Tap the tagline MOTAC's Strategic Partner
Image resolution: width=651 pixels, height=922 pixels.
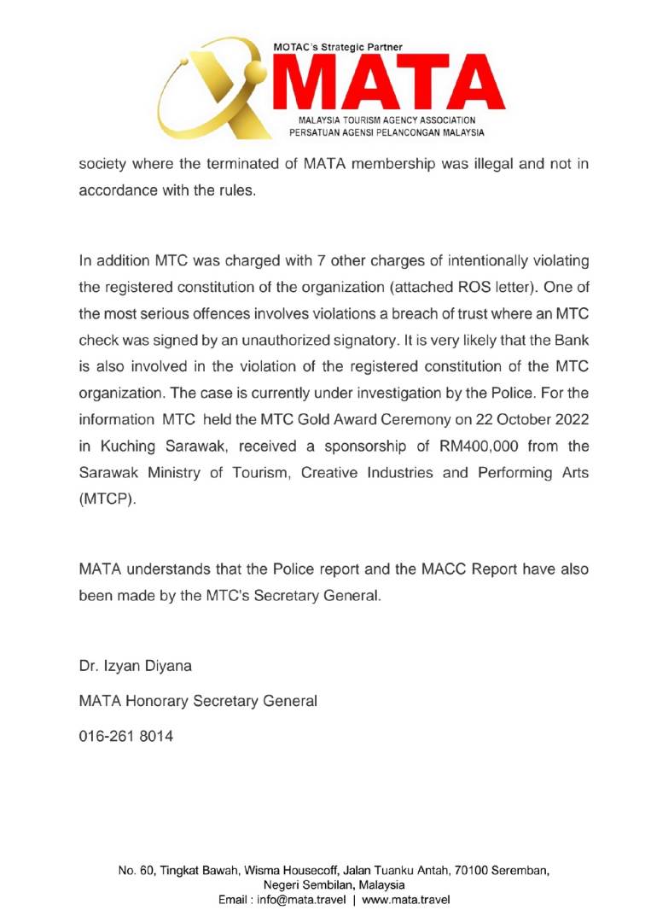(338, 47)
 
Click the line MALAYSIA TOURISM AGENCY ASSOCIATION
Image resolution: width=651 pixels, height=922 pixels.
(387, 120)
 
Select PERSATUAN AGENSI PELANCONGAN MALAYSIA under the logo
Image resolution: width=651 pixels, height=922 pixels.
(387, 132)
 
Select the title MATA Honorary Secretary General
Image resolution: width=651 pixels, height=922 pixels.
(198, 701)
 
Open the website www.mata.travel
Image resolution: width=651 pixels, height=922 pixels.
(406, 900)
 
